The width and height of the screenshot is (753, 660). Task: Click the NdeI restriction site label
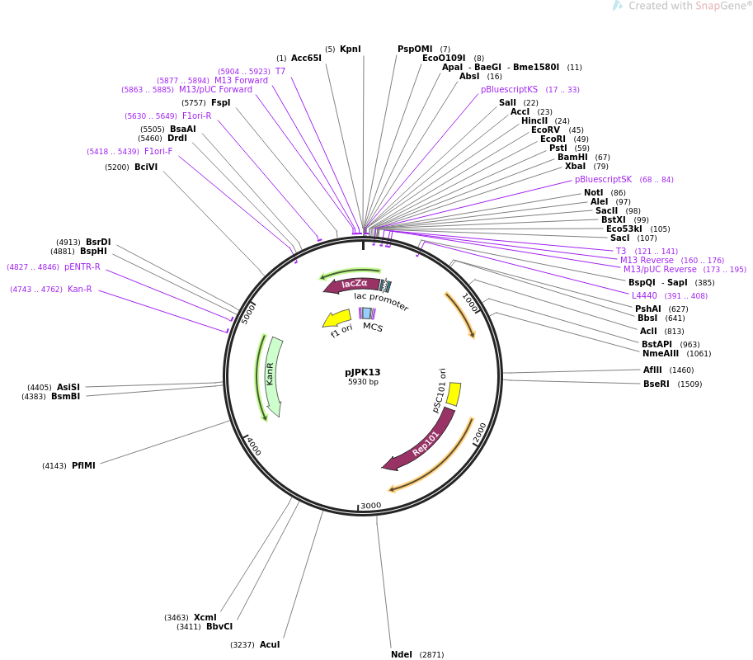pos(402,654)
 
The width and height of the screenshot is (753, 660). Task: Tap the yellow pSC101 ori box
pos(454,394)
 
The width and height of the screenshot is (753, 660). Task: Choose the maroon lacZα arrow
pos(352,285)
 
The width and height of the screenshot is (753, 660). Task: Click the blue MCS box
pos(367,313)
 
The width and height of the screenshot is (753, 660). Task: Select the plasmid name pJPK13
pos(363,372)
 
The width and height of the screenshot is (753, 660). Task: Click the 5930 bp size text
pos(363,382)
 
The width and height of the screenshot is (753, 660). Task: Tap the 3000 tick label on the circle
pos(371,506)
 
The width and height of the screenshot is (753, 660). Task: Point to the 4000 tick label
pos(253,446)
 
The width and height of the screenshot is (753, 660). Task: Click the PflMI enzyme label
pos(83,465)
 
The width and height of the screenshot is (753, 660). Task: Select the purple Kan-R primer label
pos(80,290)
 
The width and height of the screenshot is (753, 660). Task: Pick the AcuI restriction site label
pos(270,644)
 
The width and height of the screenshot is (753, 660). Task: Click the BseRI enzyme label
pos(656,384)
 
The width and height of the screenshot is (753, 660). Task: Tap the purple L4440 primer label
pos(644,295)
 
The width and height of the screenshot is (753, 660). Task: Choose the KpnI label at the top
pos(350,49)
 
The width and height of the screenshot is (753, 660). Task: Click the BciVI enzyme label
pos(146,167)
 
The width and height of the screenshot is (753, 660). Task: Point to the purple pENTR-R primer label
pos(82,266)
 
